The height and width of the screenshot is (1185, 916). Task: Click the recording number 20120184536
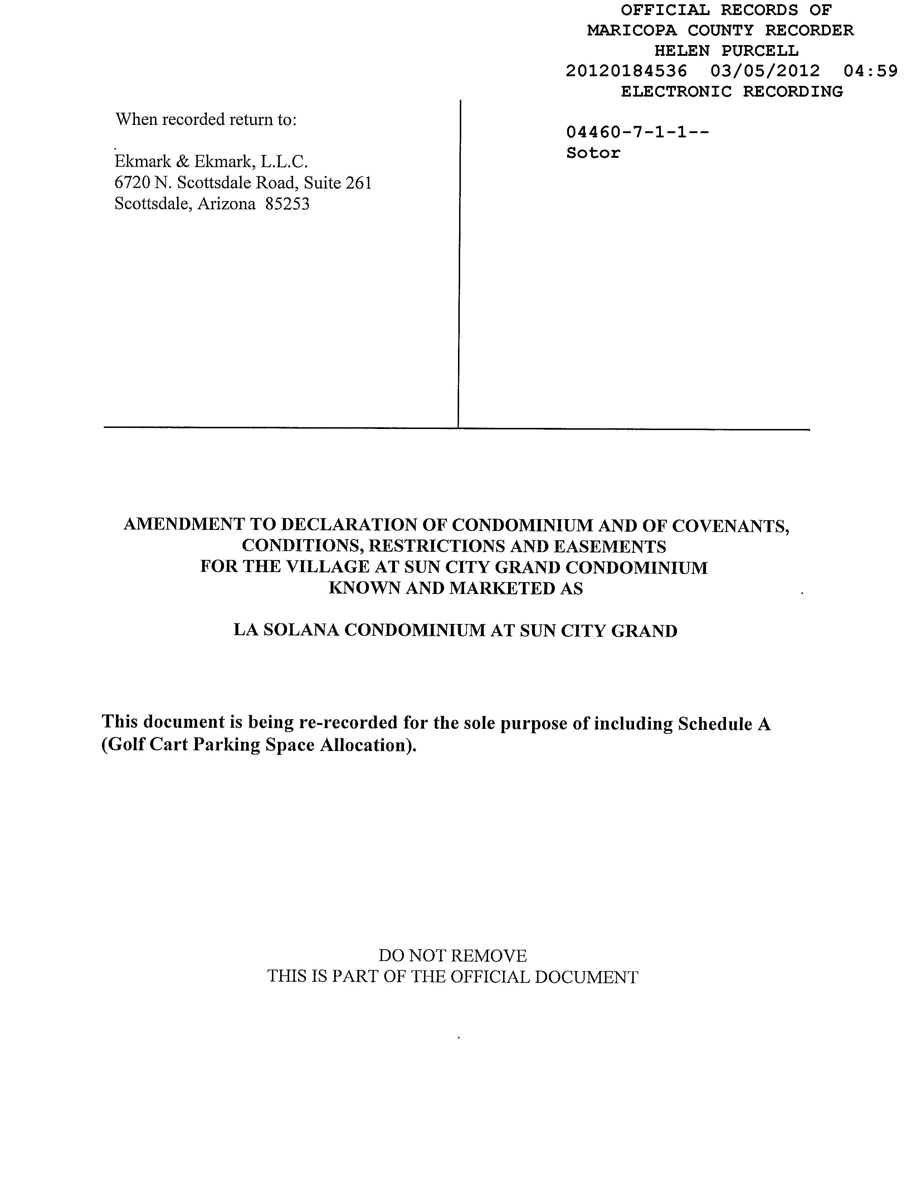point(626,71)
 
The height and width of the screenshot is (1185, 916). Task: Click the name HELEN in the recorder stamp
point(682,51)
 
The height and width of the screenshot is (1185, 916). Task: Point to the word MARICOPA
point(632,30)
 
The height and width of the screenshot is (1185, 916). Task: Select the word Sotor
point(593,153)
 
